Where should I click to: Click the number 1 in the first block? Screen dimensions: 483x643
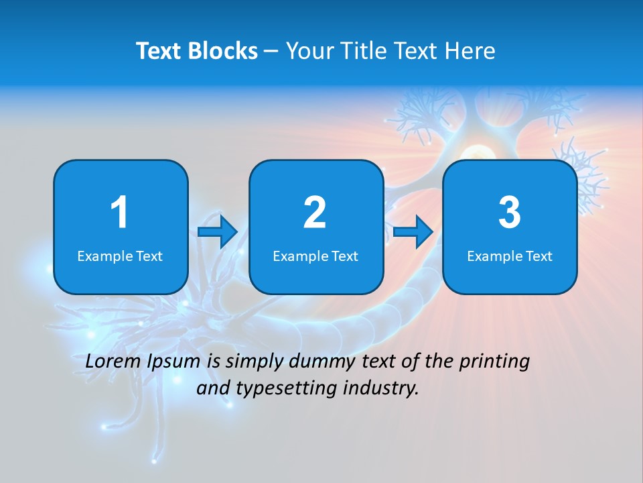[x=119, y=213]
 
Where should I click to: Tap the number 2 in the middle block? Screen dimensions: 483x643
[x=315, y=213]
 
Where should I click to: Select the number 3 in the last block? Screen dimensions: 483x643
[x=510, y=213]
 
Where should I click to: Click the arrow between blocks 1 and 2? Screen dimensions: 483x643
[x=218, y=232]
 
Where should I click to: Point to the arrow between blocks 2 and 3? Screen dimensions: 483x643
[x=413, y=232]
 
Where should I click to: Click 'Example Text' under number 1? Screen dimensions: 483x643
[x=120, y=256]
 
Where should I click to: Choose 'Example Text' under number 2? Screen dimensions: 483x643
[x=315, y=256]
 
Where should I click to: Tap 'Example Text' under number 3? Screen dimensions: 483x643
[x=510, y=256]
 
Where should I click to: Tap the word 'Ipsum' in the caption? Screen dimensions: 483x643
[x=173, y=362]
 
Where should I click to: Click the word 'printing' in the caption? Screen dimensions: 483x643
[x=494, y=362]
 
